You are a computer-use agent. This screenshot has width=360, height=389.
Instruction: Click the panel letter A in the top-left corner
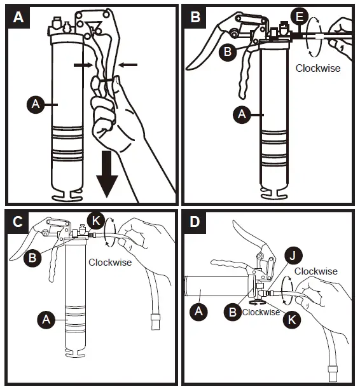pyautogui.click(x=17, y=17)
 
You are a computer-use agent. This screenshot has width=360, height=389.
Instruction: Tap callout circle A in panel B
pyautogui.click(x=241, y=114)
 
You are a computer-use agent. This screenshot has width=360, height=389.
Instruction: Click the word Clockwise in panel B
pyautogui.click(x=318, y=68)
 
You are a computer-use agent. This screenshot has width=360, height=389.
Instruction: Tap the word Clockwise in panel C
pyautogui.click(x=109, y=262)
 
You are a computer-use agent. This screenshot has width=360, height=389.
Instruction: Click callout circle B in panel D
pyautogui.click(x=233, y=311)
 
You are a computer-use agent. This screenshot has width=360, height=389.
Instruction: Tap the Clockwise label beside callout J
pyautogui.click(x=316, y=271)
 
